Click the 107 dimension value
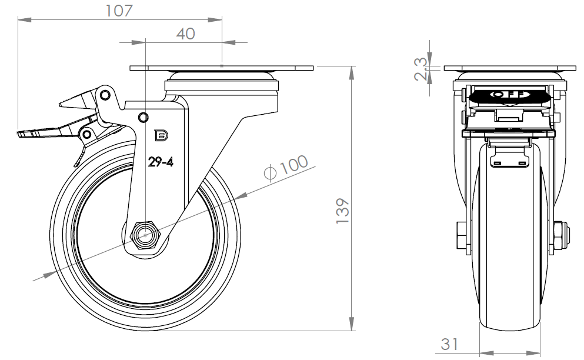119,11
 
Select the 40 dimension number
185,34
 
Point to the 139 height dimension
343,211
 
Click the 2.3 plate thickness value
421,69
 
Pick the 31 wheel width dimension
449,344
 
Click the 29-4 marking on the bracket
161,162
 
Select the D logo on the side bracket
161,136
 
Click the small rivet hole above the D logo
143,118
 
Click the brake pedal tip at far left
23,134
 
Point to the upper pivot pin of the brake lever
105,95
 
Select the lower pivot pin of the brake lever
87,134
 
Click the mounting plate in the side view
222,68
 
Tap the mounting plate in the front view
510,68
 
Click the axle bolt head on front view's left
462,235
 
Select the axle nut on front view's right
561,235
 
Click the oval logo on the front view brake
509,94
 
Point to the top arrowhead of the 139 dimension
351,73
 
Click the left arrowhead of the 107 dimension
25,19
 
